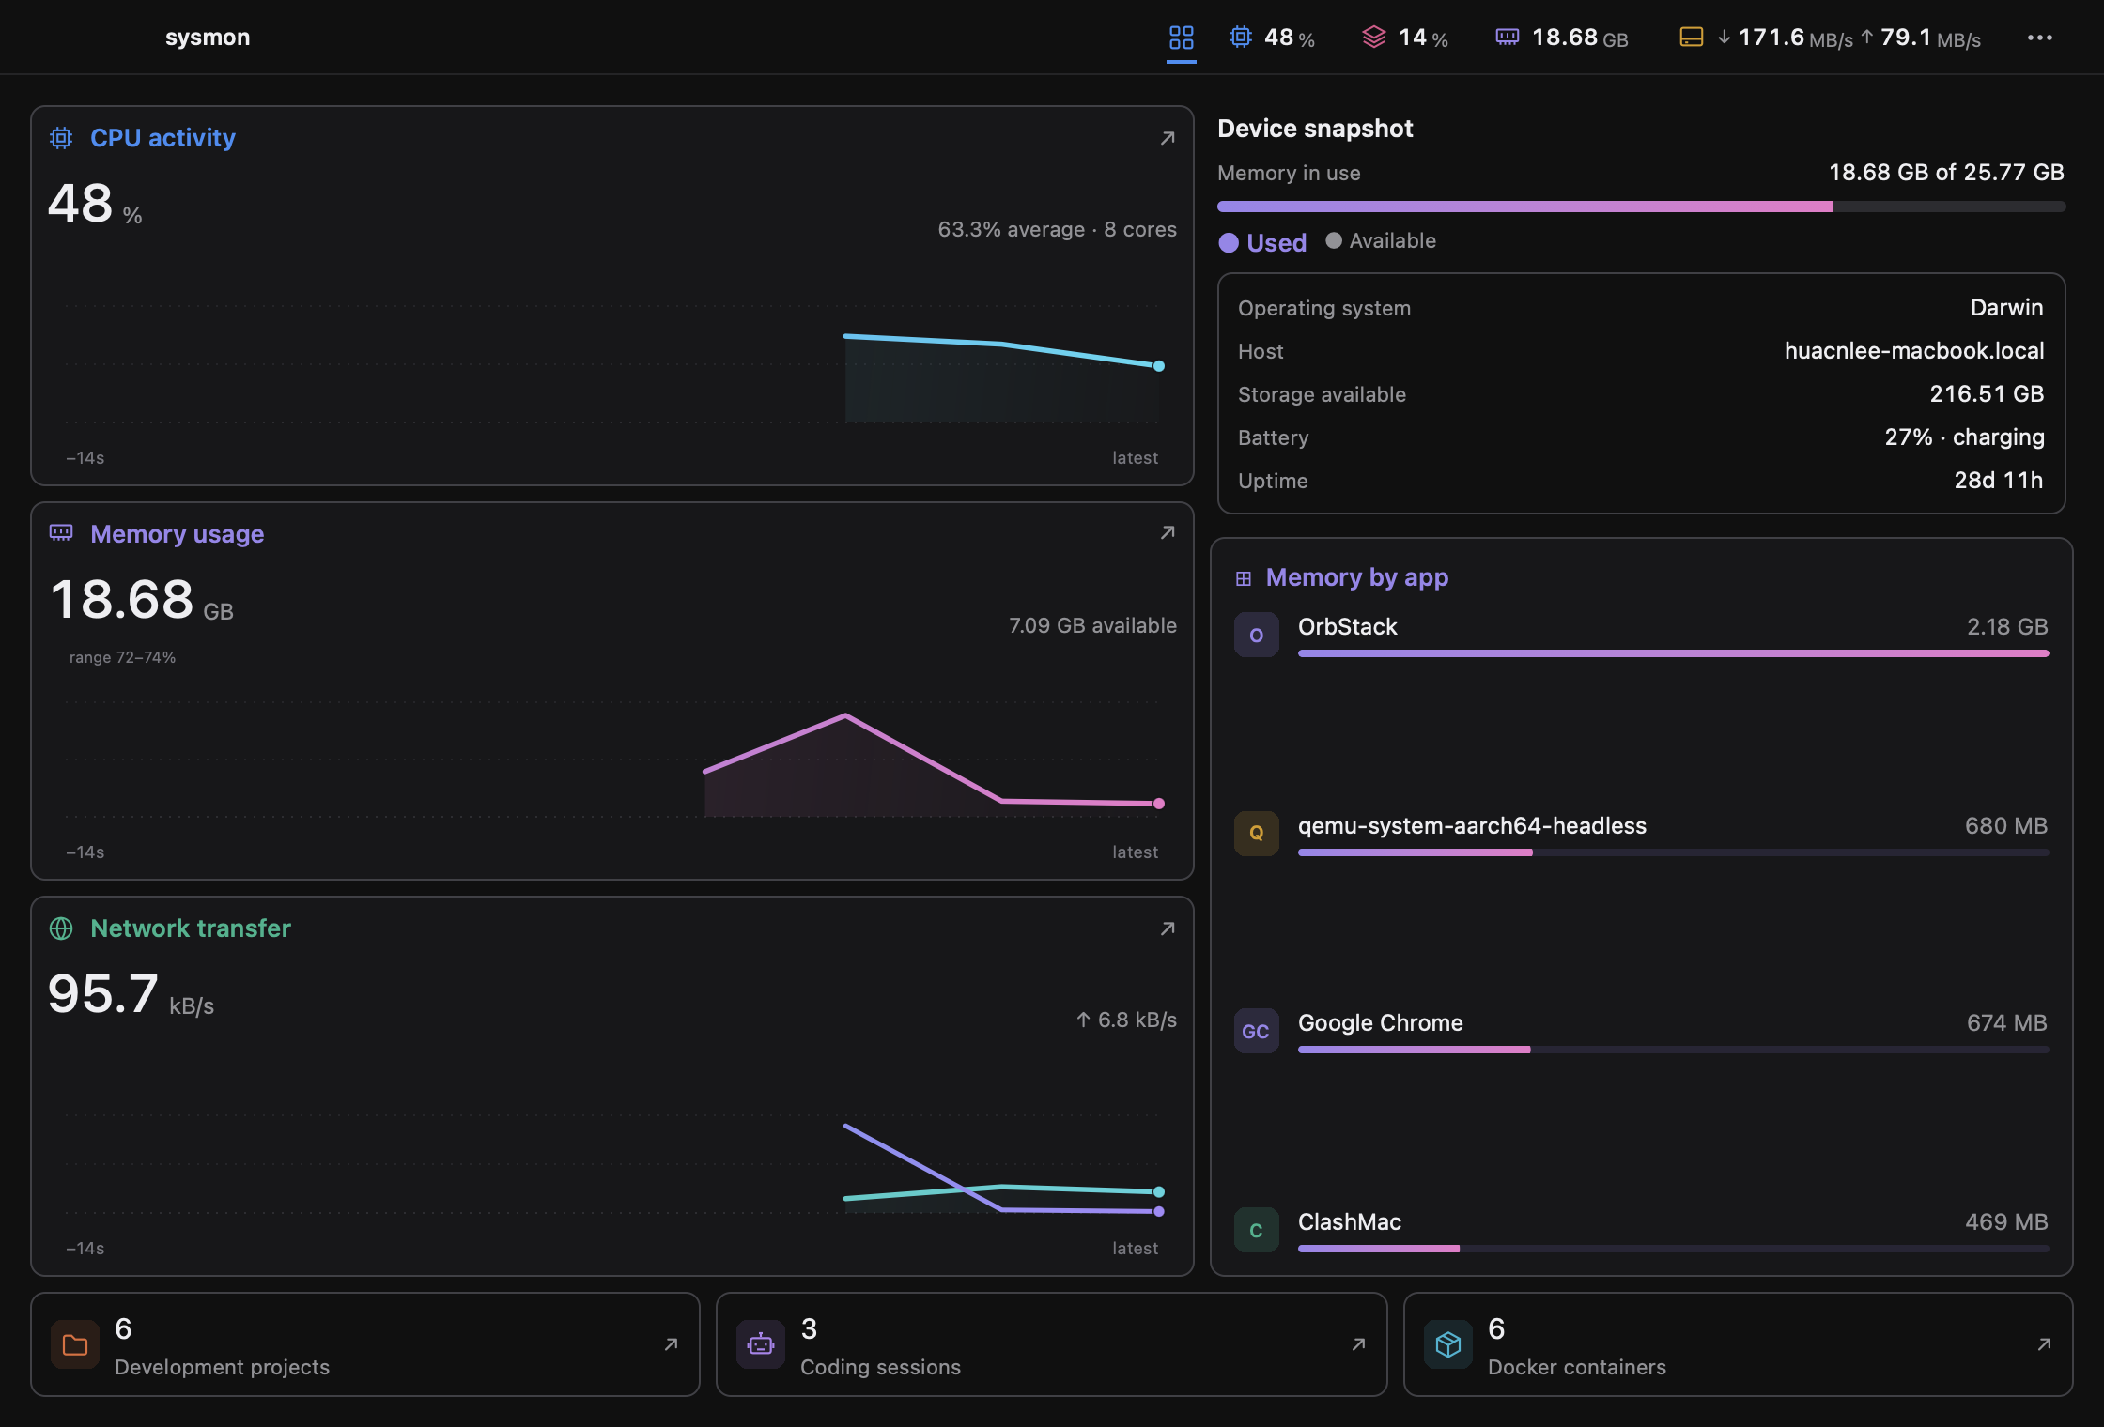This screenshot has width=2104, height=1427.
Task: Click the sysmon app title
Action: (x=208, y=38)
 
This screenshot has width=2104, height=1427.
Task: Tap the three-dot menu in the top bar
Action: (x=2039, y=38)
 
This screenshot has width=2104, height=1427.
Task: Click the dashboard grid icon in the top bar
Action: (x=1181, y=38)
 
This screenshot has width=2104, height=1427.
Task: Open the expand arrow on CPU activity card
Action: (x=1168, y=138)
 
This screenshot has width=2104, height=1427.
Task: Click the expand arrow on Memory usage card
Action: (x=1168, y=532)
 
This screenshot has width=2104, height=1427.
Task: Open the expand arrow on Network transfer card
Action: (x=1168, y=928)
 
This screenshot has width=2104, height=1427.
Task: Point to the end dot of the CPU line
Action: (x=1159, y=366)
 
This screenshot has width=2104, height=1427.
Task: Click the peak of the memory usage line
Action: (x=845, y=716)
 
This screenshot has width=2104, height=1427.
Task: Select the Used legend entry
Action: (x=1262, y=242)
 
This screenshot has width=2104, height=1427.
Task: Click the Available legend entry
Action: (x=1381, y=240)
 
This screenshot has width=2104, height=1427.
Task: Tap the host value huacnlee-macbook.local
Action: (x=1914, y=351)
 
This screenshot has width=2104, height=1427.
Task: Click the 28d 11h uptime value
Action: (x=1999, y=481)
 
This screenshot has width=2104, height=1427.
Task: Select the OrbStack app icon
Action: (x=1257, y=635)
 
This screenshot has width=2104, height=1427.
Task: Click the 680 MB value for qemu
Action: (x=2006, y=826)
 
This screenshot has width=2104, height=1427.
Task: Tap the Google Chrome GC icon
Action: (x=1257, y=1031)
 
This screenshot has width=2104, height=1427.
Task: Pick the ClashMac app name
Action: (x=1350, y=1221)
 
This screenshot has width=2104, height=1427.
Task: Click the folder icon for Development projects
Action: (x=75, y=1344)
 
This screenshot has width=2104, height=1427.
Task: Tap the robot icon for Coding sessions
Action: (x=761, y=1344)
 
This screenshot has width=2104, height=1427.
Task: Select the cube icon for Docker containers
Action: (x=1448, y=1344)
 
